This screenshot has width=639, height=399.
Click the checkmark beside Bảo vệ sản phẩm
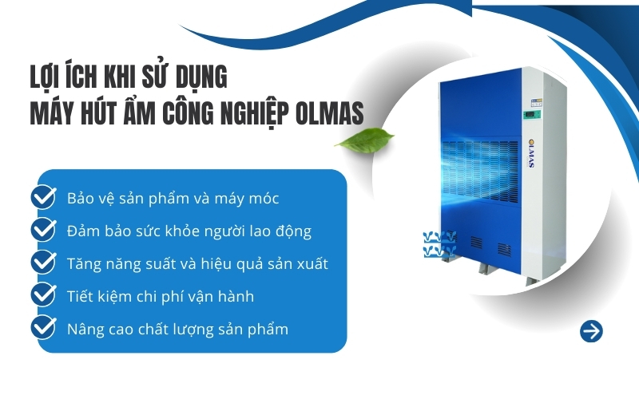pyautogui.click(x=43, y=198)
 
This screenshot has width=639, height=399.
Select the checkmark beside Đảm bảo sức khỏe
pyautogui.click(x=43, y=231)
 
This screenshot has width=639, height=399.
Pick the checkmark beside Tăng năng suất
pyautogui.click(x=43, y=263)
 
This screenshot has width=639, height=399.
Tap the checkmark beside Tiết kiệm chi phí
pyautogui.click(x=43, y=295)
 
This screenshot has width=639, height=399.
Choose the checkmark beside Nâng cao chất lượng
pyautogui.click(x=43, y=328)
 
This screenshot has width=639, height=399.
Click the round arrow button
pyautogui.click(x=591, y=331)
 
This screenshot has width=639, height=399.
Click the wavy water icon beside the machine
pyautogui.click(x=439, y=244)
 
